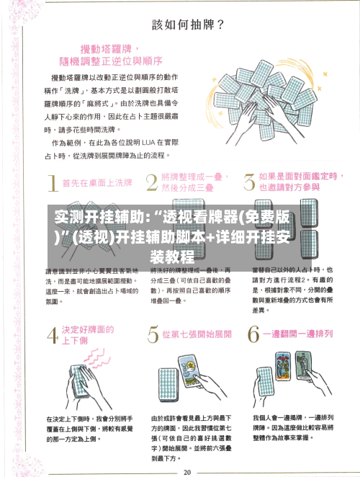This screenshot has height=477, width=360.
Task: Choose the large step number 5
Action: click(x=153, y=336)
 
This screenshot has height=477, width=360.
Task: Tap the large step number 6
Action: click(x=252, y=336)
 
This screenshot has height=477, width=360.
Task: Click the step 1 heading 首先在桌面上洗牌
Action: click(x=97, y=183)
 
